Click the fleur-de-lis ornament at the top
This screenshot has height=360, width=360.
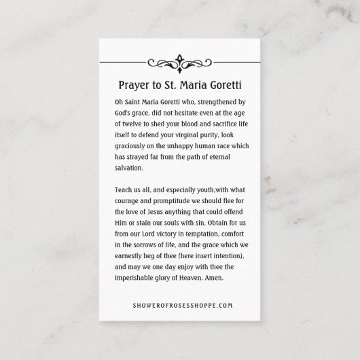(181, 62)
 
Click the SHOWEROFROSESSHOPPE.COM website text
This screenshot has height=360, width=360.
(180, 306)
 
